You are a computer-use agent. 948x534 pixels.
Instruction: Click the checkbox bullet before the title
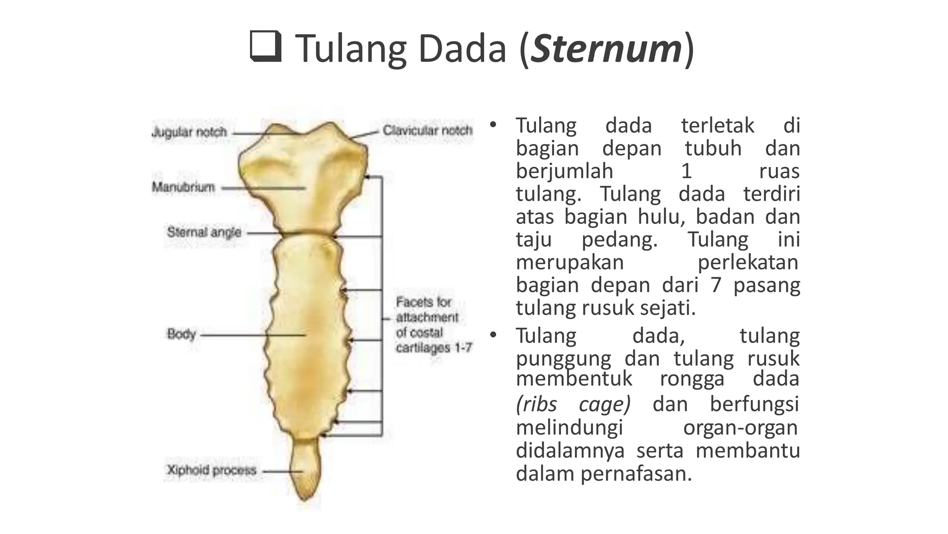point(266,46)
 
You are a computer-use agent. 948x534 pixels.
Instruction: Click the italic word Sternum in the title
point(606,49)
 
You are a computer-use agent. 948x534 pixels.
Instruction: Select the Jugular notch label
point(189,132)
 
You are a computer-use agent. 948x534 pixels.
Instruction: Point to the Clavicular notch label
point(427,130)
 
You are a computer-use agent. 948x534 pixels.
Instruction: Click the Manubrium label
point(183,187)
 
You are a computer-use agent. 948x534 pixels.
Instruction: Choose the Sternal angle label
point(204,232)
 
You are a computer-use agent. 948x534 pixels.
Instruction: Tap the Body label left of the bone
point(181,334)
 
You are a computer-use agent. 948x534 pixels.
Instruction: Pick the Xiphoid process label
point(212,470)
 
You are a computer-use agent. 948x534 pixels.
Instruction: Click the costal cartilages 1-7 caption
point(433,325)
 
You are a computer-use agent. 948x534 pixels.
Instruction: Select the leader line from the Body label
point(252,335)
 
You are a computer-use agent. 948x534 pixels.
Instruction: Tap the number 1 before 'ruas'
point(686,172)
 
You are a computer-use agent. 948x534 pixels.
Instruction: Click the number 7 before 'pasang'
point(716,285)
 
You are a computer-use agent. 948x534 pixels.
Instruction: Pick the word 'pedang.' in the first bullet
point(619,240)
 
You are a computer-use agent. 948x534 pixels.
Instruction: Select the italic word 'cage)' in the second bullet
point(605,404)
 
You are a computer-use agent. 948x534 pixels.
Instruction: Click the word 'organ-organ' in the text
point(741,427)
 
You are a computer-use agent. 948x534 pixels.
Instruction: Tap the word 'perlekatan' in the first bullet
point(748,262)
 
